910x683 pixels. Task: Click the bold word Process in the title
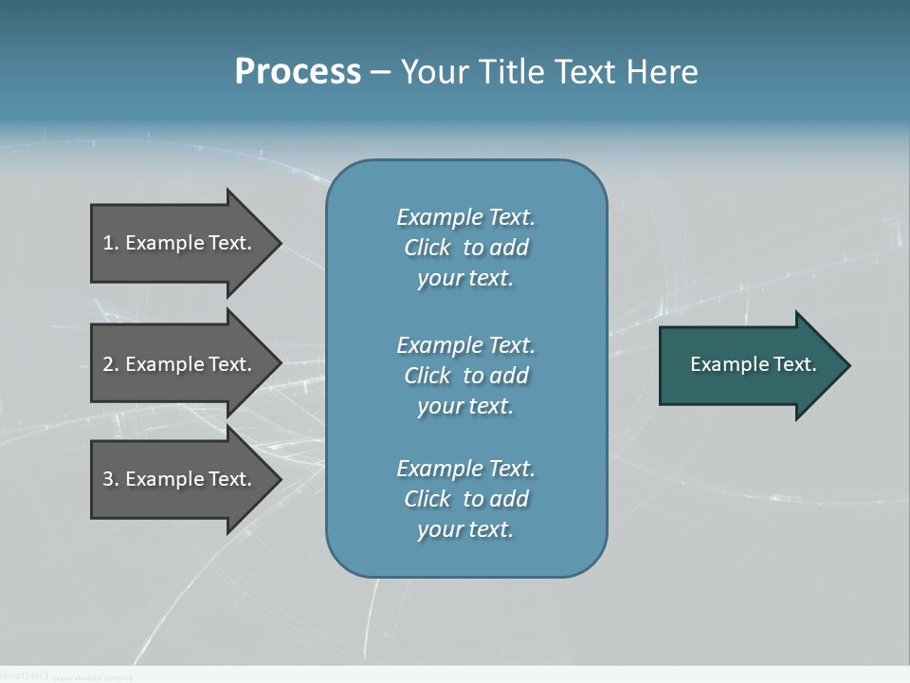[298, 71]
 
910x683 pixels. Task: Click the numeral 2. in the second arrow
[110, 364]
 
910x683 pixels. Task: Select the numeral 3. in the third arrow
[110, 479]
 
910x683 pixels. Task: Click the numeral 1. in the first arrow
[110, 243]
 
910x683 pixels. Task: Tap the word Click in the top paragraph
[428, 248]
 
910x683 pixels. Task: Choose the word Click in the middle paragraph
[428, 376]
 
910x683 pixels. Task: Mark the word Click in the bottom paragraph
[428, 499]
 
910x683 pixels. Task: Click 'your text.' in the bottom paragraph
[465, 529]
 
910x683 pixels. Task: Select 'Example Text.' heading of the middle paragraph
[465, 345]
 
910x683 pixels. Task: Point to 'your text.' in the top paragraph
[465, 278]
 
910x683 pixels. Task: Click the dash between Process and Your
[380, 72]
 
